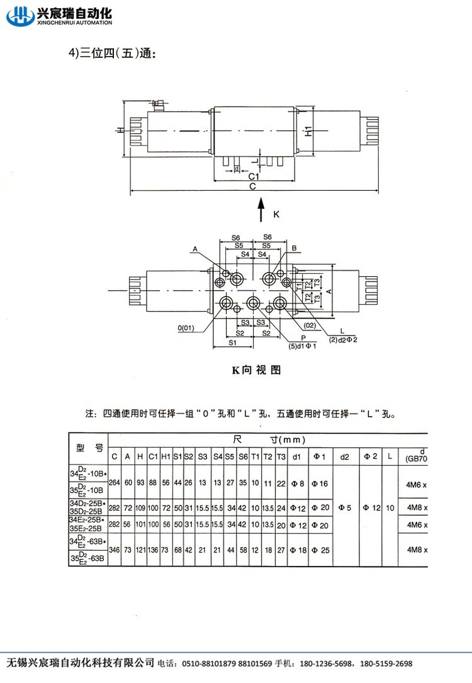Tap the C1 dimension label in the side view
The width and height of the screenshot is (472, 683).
pos(253,177)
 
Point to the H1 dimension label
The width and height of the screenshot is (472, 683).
pos(308,132)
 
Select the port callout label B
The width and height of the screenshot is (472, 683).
pos(293,249)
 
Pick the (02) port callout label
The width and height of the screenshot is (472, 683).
pos(309,325)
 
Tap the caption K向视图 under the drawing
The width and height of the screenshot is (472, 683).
pos(256,370)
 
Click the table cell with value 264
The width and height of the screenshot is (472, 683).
pos(115,482)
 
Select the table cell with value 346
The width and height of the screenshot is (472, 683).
pos(115,550)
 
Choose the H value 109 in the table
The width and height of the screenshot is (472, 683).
pos(140,507)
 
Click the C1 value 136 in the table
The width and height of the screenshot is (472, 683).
pos(153,550)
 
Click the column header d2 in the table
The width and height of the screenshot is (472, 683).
pos(345,456)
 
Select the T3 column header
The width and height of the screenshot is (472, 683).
pos(281,456)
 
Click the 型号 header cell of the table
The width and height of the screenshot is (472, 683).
pos(89,448)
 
